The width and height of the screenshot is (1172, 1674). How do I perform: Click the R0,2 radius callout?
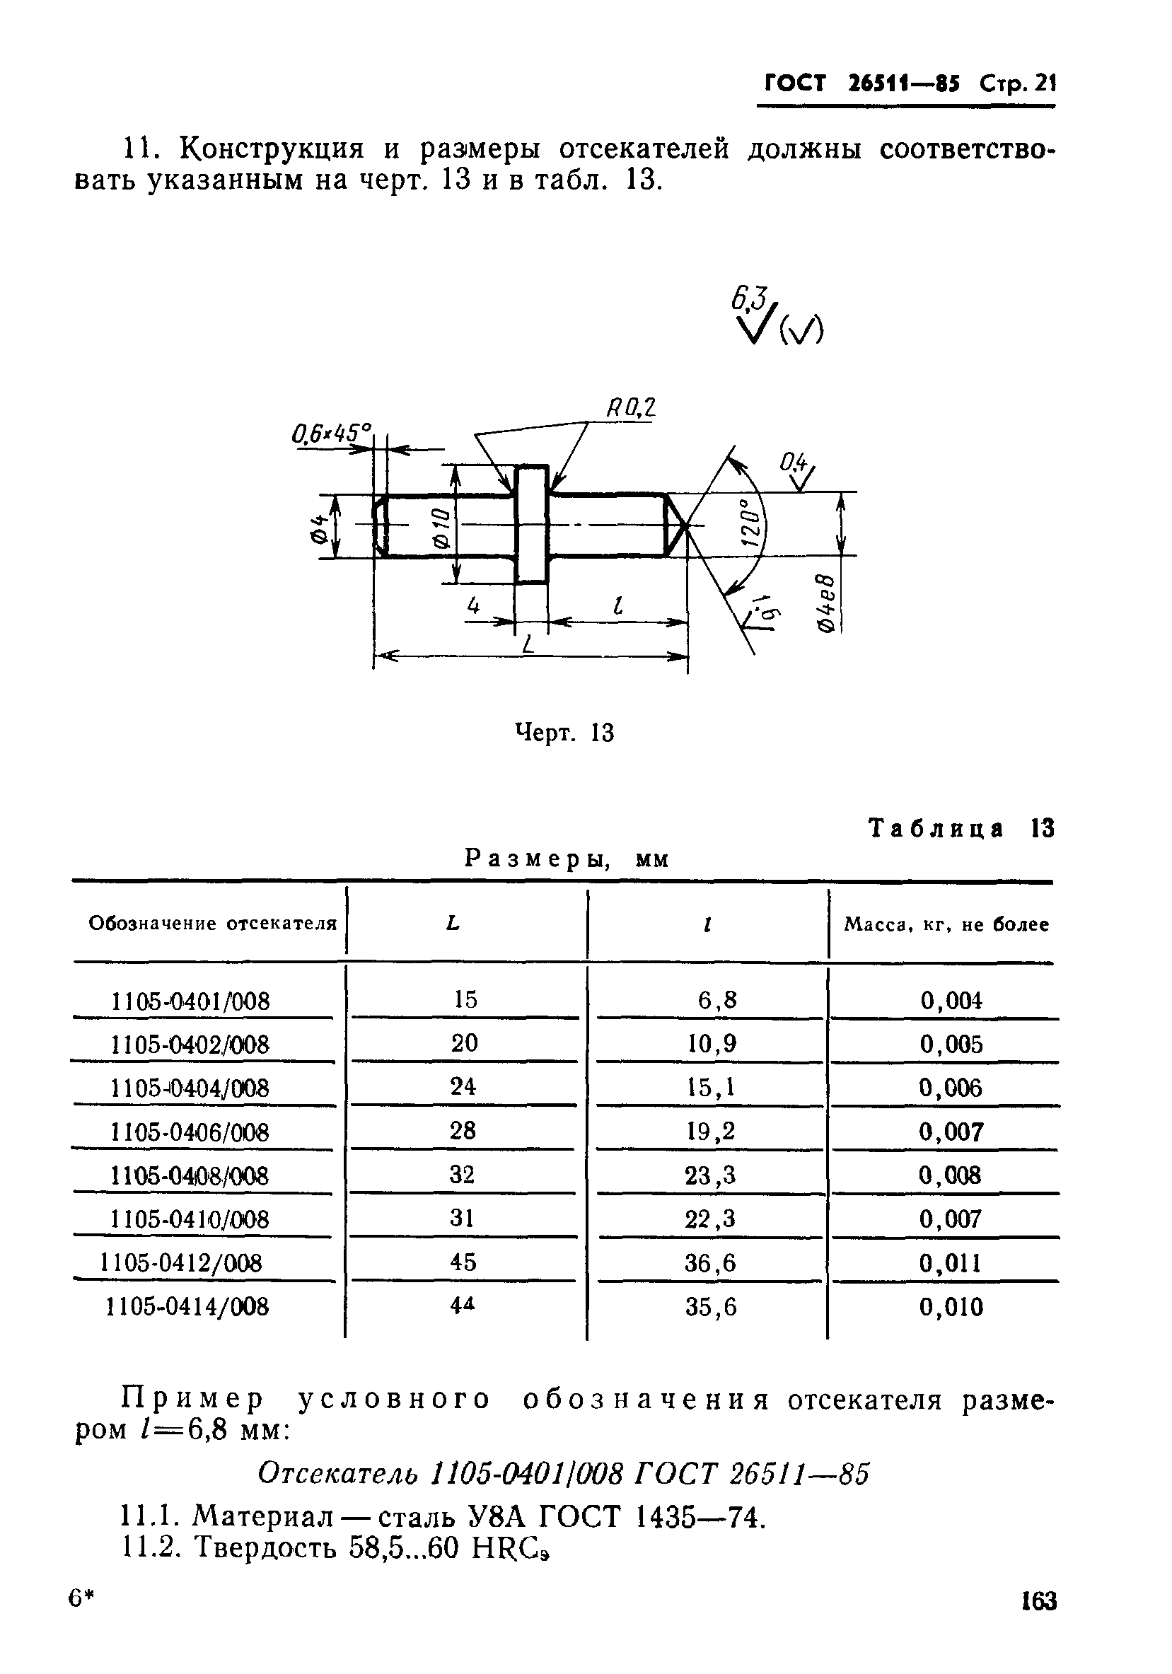(x=631, y=407)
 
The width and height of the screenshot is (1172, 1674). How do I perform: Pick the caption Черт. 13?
(x=564, y=733)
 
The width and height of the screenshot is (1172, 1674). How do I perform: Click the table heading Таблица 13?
(x=961, y=829)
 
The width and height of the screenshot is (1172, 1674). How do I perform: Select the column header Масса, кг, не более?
(x=946, y=924)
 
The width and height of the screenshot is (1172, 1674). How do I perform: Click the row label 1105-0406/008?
(x=190, y=1132)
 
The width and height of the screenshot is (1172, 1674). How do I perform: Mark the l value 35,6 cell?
(x=710, y=1307)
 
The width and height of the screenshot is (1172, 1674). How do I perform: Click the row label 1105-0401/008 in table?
(x=190, y=1001)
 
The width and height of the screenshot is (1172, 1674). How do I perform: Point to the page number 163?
(x=1038, y=1600)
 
